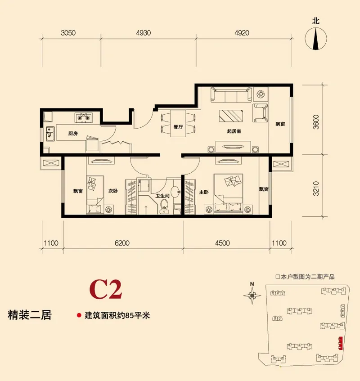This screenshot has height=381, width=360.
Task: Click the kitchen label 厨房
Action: point(73,134)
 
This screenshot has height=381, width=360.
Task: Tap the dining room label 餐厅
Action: point(178,127)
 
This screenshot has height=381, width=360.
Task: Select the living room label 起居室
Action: point(234,131)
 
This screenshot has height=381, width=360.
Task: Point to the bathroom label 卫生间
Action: point(162,196)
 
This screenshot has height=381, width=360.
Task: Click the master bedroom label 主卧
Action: point(204,192)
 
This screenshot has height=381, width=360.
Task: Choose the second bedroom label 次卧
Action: point(113,191)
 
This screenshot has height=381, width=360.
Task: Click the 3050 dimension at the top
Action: point(68,33)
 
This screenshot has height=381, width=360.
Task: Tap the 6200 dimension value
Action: point(122,243)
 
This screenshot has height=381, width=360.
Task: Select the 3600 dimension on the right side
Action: point(316,122)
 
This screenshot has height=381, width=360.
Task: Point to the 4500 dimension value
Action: point(222,243)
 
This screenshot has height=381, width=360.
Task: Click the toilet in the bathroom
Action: point(165,206)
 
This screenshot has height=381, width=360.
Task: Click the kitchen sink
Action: point(50,134)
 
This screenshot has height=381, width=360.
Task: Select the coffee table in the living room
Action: point(231,116)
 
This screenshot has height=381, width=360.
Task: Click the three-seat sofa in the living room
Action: point(231,94)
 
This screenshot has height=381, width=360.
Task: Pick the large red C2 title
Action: point(106,290)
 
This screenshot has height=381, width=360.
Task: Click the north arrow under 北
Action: point(316,39)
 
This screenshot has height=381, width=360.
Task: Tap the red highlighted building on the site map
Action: point(341,343)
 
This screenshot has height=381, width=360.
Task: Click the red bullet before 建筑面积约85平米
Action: point(79,315)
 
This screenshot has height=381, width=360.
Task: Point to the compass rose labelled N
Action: point(252,296)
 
